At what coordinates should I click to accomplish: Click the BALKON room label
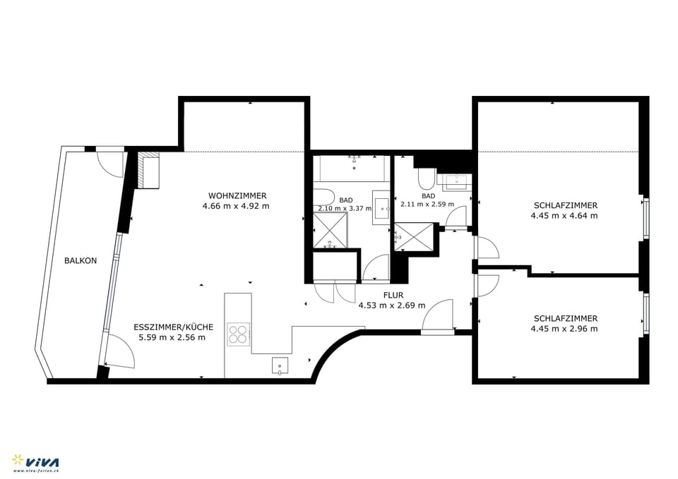coord(81,260)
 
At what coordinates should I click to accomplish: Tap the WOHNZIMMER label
coord(237,195)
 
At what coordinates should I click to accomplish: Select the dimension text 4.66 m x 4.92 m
coord(236,207)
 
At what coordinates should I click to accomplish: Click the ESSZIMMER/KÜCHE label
coord(174,327)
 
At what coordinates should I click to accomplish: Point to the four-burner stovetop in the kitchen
coord(238,332)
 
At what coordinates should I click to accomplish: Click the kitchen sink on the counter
coord(280,365)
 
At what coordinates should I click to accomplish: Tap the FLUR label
coord(392,295)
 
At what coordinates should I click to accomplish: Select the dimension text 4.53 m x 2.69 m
coord(392,305)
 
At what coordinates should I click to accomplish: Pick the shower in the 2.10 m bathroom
coord(330,231)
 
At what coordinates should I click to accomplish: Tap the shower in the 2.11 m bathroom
coord(414,236)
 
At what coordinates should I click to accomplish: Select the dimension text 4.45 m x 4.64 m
coord(564,216)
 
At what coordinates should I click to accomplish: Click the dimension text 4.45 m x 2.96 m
coord(564,329)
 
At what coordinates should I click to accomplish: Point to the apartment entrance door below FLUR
coord(438,317)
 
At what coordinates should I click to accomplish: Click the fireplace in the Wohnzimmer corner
coord(149,171)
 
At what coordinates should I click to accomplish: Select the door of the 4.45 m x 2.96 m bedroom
coord(487,284)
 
